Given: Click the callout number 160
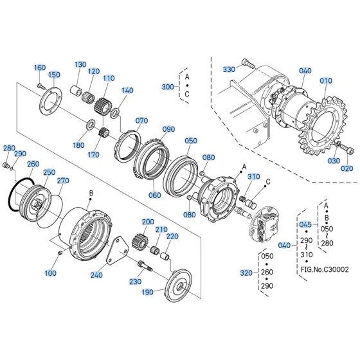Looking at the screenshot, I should tap(40, 67).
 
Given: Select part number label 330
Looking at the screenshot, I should tap(229, 69).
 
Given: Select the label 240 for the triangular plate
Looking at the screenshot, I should tap(97, 274).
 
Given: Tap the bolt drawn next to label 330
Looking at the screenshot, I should tap(248, 63).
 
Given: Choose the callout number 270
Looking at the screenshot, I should tap(62, 181).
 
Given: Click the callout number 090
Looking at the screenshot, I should tap(168, 129).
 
